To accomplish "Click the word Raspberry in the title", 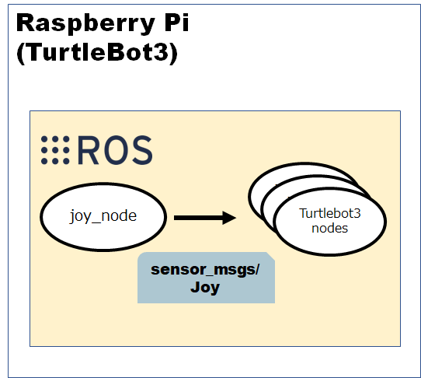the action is pyautogui.click(x=85, y=23).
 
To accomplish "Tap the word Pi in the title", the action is pyautogui.click(x=176, y=22).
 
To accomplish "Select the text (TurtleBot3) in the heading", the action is pyautogui.click(x=97, y=53).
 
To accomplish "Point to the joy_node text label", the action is pyautogui.click(x=103, y=216).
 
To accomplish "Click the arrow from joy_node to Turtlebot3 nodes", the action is pyautogui.click(x=205, y=218).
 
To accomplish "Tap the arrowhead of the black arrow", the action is pyautogui.click(x=229, y=218).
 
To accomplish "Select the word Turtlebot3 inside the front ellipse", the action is pyautogui.click(x=330, y=213).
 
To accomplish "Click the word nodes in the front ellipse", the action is pyautogui.click(x=329, y=228).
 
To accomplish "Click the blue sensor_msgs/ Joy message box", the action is pyautogui.click(x=206, y=278).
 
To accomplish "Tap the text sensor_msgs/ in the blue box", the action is pyautogui.click(x=205, y=270).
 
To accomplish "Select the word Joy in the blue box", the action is pyautogui.click(x=205, y=288).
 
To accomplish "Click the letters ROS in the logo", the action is pyautogui.click(x=115, y=150).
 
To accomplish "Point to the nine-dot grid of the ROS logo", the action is pyautogui.click(x=55, y=150).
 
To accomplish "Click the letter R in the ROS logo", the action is pyautogui.click(x=88, y=150).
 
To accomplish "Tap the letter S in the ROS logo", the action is pyautogui.click(x=142, y=150).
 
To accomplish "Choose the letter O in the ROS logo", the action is pyautogui.click(x=116, y=150).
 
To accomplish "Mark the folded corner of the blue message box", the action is pyautogui.click(x=270, y=257).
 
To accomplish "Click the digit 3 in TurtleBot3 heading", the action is pyautogui.click(x=162, y=53).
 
